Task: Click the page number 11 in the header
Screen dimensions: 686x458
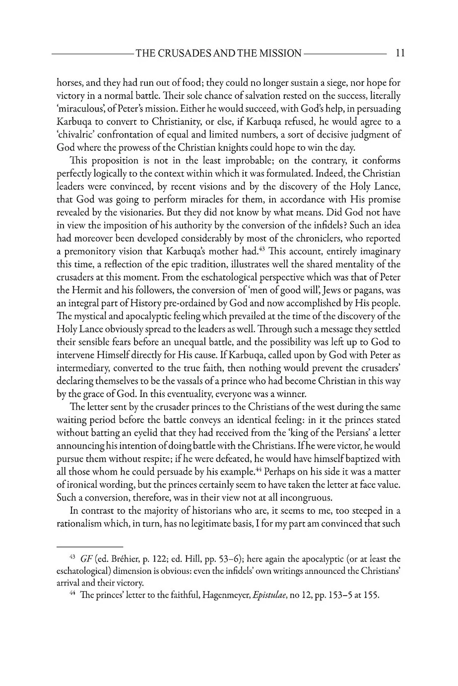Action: tap(400, 53)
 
